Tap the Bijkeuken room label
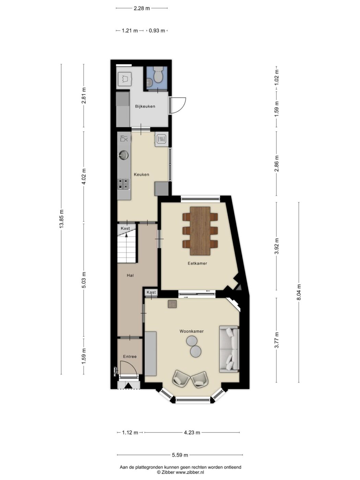[145, 107]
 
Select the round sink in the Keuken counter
[123, 155]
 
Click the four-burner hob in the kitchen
[124, 184]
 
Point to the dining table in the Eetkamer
[200, 231]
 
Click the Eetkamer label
[197, 263]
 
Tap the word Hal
[130, 275]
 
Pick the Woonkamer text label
[191, 331]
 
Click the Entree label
[130, 357]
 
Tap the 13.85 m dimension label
[61, 219]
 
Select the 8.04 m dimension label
[299, 292]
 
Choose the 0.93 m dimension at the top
[157, 31]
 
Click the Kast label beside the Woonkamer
[151, 292]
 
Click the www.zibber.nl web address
[190, 472]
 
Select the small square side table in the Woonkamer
[172, 304]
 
